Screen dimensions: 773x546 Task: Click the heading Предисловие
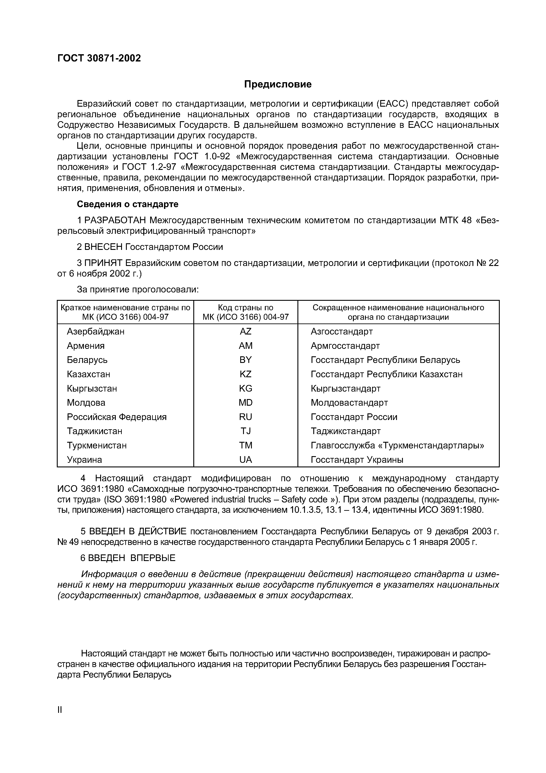[278, 84]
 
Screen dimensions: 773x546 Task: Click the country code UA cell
[245, 460]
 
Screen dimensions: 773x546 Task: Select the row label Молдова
[86, 403]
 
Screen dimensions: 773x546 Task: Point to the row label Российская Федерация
[117, 417]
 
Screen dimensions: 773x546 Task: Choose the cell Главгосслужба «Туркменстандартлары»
[397, 445]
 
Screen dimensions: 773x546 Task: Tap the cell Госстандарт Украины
[357, 460]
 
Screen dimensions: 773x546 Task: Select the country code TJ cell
[245, 431]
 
